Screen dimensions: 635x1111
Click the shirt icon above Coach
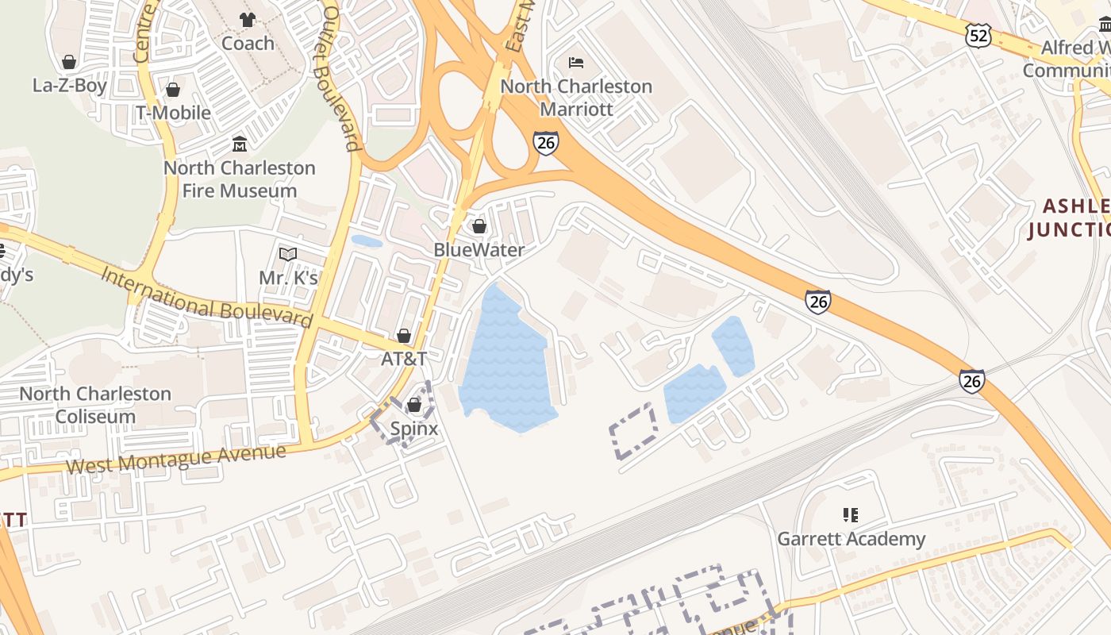point(248,20)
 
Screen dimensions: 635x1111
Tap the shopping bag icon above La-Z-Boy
point(69,62)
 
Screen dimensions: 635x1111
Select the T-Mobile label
point(173,113)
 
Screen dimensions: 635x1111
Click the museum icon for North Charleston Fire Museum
point(239,144)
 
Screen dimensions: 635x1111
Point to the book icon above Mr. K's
point(288,254)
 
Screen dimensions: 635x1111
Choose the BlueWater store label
point(479,250)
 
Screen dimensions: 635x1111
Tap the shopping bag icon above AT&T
point(404,336)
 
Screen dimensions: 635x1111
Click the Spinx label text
point(413,429)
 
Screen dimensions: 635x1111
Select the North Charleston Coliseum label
point(95,405)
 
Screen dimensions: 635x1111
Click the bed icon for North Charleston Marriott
point(576,63)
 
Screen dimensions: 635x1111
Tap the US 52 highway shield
point(978,35)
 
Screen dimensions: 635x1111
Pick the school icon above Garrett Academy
point(851,515)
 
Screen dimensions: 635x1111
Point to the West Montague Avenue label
point(175,458)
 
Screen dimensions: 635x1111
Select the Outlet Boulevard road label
point(338,79)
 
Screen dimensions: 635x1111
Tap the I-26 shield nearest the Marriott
point(545,142)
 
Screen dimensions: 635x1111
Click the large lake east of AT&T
point(506,361)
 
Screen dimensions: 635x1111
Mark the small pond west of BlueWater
point(366,241)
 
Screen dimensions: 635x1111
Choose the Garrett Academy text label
point(851,539)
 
